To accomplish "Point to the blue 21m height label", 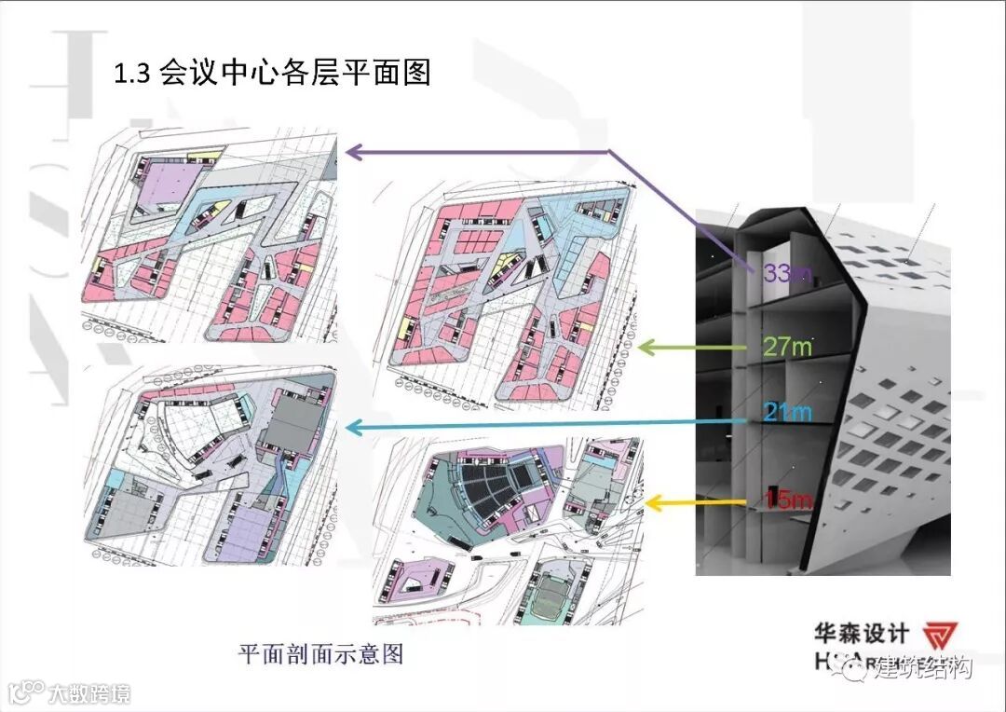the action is pos(785,411).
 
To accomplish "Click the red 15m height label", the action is pos(787,500).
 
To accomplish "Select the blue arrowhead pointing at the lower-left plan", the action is pos(353,427).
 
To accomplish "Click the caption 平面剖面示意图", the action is pos(320,653).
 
